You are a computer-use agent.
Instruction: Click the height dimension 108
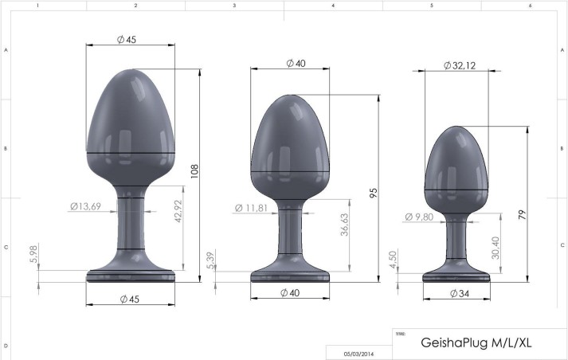point(193,172)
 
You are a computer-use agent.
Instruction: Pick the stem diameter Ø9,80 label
point(420,217)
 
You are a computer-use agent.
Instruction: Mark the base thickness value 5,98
point(33,253)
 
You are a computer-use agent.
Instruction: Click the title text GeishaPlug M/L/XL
point(476,343)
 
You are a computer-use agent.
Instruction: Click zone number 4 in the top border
point(333,5)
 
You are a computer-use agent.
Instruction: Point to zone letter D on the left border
point(6,346)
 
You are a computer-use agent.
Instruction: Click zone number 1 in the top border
point(37,5)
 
